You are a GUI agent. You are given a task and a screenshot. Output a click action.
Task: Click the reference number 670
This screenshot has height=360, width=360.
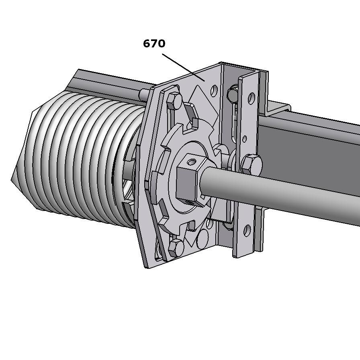coord(154,43)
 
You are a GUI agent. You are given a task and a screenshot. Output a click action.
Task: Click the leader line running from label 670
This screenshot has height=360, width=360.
coord(183,67)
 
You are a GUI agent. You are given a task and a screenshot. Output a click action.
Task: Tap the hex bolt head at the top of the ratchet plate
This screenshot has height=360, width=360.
coord(174,101)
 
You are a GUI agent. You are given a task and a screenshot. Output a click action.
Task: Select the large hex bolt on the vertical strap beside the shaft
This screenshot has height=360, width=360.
coord(252,164)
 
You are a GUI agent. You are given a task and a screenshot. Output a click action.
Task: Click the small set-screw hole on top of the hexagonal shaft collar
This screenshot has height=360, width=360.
coord(192,162)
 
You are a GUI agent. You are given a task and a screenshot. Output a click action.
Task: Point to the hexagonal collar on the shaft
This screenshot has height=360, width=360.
coord(189,181)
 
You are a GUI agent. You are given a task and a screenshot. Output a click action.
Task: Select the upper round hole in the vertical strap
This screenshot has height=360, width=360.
coord(252,98)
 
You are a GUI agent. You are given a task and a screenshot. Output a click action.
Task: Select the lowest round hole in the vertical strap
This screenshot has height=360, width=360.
coord(247,230)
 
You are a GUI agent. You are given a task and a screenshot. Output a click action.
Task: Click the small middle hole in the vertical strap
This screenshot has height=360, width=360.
coord(245,139)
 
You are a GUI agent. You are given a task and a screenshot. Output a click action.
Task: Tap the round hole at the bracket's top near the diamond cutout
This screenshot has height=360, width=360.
coord(214,90)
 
